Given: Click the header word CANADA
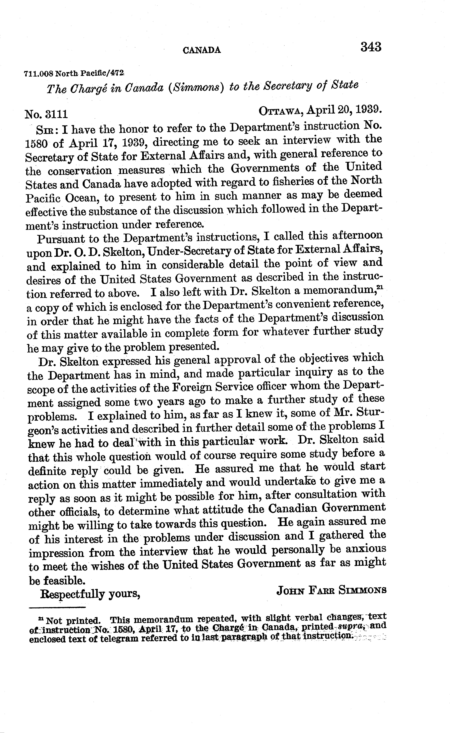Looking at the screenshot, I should point(202,50).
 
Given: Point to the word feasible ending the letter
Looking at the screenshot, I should point(64,581).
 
